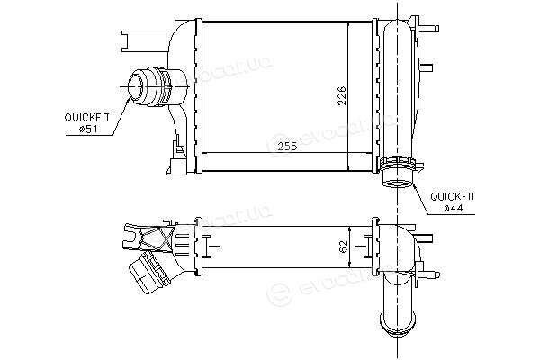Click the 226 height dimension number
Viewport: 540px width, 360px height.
[x=341, y=95]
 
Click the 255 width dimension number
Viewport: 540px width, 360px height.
[x=287, y=147]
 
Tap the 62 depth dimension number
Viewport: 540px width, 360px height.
[x=344, y=247]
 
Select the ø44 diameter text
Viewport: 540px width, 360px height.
[x=454, y=208]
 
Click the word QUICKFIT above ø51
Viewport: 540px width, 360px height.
[x=86, y=117]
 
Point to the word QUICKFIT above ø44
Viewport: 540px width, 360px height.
[x=453, y=197]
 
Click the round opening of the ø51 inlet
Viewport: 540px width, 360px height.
[x=135, y=86]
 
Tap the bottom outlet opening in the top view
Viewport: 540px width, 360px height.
[x=398, y=184]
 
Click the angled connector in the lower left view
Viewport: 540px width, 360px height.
[x=149, y=272]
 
